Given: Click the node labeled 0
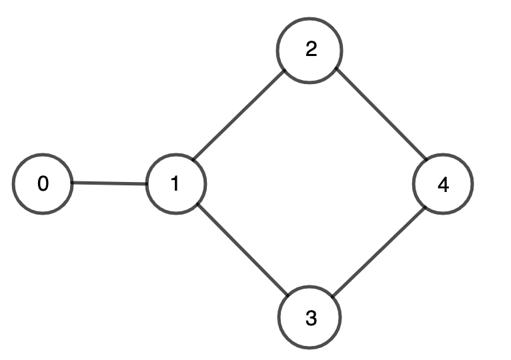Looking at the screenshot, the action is click(x=43, y=184).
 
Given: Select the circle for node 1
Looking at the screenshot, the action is click(x=176, y=184).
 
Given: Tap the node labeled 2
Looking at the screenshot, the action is click(x=310, y=51).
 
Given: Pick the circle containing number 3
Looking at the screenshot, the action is click(x=310, y=317).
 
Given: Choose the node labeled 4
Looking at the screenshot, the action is click(x=443, y=184).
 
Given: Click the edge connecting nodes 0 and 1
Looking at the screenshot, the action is click(x=109, y=183).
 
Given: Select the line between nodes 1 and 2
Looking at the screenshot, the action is click(x=239, y=115).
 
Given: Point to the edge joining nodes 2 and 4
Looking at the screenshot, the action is click(x=382, y=114).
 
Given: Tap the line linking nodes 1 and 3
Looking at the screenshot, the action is click(x=243, y=249).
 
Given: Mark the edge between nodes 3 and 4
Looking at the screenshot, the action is click(x=378, y=252).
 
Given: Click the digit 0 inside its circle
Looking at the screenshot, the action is click(x=43, y=183).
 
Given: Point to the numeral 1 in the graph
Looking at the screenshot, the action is click(x=175, y=183).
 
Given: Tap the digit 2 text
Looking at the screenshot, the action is click(x=312, y=49).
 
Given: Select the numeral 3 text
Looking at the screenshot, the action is click(x=312, y=318).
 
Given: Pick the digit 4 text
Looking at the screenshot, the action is click(x=443, y=185).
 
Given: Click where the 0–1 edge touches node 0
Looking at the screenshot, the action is click(x=72, y=183).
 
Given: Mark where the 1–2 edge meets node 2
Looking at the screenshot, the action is click(x=285, y=70).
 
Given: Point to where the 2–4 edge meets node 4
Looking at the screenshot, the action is click(x=426, y=160).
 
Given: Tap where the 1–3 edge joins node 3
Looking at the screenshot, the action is click(x=288, y=295).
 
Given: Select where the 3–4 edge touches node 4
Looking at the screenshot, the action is click(x=426, y=207).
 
